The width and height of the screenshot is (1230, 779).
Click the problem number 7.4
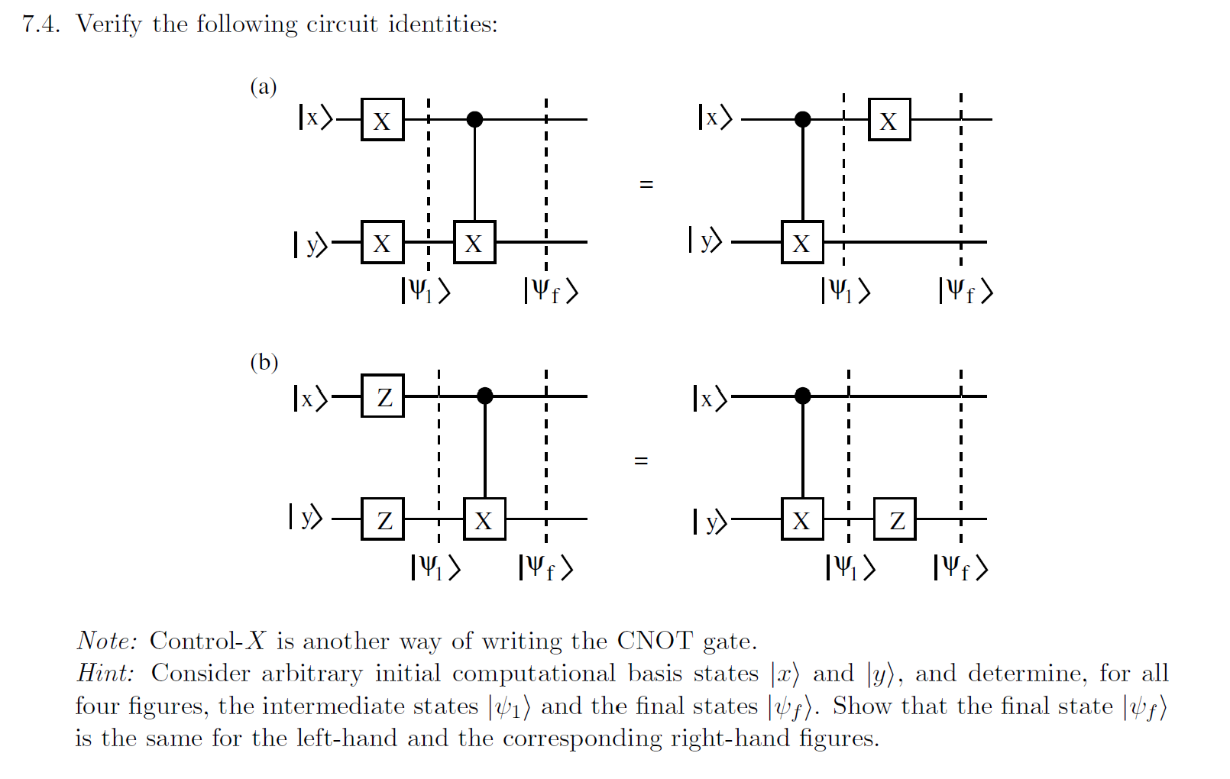tap(40, 24)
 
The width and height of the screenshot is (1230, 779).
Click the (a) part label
tap(264, 86)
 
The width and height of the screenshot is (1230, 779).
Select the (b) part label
tap(264, 362)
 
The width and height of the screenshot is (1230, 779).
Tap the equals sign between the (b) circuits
tap(641, 461)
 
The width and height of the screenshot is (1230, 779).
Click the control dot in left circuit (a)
tap(474, 119)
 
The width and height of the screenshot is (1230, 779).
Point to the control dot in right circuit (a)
tap(802, 119)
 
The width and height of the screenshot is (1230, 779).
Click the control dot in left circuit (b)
tap(484, 396)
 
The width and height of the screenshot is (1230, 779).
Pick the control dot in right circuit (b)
tap(802, 396)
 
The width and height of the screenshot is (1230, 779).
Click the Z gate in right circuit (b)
tap(895, 519)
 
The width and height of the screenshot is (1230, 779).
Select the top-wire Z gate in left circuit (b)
tap(383, 396)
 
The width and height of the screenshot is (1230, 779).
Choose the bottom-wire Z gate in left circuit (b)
tap(383, 519)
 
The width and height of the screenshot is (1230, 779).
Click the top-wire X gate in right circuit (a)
tap(889, 120)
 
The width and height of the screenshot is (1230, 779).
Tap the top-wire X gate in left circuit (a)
tap(382, 120)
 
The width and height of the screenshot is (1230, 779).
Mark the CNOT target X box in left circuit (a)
tap(474, 242)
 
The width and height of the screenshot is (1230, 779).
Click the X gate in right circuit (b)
tap(802, 519)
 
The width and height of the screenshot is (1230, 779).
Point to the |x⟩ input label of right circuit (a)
tap(714, 118)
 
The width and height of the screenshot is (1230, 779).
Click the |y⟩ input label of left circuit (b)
tap(306, 517)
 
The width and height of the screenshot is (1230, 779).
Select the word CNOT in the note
tap(655, 641)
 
